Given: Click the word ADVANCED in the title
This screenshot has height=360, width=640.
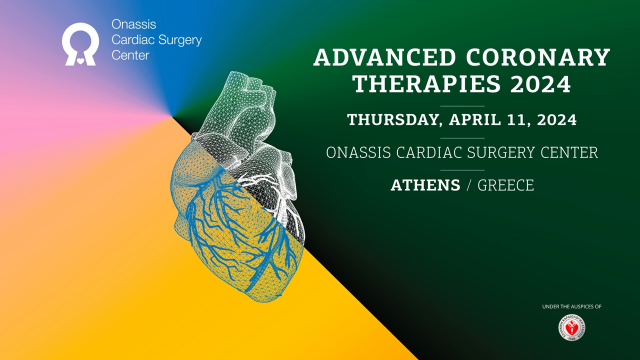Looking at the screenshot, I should [x=384, y=58].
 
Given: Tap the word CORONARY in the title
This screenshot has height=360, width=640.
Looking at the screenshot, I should [x=538, y=58].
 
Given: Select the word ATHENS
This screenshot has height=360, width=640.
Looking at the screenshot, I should [x=425, y=185].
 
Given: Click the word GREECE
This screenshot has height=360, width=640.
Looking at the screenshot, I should [x=505, y=185].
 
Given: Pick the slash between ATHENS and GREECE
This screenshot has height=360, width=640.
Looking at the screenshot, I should [x=468, y=185].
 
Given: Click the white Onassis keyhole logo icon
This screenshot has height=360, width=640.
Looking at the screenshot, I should [x=80, y=44].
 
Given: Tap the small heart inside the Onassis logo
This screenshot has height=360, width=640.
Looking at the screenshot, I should [x=80, y=61].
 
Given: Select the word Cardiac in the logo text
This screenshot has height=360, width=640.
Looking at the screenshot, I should [x=127, y=40].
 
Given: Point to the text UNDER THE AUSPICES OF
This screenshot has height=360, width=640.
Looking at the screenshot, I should [x=571, y=306].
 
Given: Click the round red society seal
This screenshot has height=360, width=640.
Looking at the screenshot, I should [x=571, y=328].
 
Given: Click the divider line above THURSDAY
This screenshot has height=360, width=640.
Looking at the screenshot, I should [x=462, y=106].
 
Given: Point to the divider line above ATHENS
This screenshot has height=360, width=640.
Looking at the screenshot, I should [x=462, y=170].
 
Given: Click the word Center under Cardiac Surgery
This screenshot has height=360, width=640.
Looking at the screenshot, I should [x=130, y=55].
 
